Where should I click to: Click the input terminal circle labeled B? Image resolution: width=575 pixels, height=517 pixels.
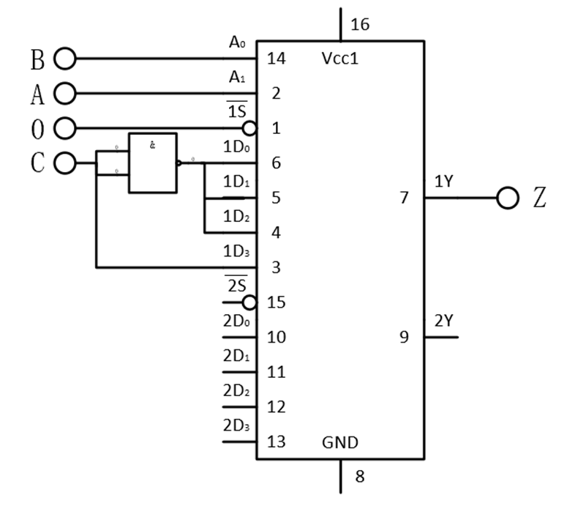click(x=65, y=59)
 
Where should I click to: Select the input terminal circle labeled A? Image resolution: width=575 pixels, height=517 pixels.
click(x=65, y=94)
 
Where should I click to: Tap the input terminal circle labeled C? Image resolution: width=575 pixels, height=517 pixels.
click(x=65, y=163)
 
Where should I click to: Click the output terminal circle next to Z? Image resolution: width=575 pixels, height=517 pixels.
click(x=507, y=198)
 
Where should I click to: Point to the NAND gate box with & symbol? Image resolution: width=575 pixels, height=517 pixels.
click(x=152, y=163)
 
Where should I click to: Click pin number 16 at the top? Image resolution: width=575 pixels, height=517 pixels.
click(x=360, y=25)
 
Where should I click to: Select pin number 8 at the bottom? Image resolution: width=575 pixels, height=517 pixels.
click(x=359, y=477)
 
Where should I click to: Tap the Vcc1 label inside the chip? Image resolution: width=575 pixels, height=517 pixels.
click(x=340, y=59)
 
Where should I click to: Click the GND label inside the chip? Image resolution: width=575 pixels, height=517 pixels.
click(x=340, y=442)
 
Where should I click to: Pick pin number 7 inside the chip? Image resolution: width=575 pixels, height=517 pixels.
click(x=404, y=198)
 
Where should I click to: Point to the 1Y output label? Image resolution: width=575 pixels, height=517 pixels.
click(x=444, y=182)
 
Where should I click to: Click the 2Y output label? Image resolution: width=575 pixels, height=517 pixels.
click(x=444, y=321)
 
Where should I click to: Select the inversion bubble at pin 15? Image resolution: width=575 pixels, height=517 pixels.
click(x=249, y=302)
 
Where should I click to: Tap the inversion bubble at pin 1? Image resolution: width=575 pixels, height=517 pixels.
click(x=249, y=129)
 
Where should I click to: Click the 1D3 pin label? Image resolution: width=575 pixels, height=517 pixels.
click(x=236, y=251)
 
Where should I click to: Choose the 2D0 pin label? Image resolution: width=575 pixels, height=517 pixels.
click(x=236, y=321)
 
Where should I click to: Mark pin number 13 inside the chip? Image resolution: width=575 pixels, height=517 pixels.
click(x=277, y=442)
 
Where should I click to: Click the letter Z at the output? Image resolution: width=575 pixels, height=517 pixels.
click(x=539, y=198)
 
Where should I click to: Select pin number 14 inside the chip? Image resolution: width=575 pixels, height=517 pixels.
click(x=277, y=59)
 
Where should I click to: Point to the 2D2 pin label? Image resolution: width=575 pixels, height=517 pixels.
click(x=236, y=390)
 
